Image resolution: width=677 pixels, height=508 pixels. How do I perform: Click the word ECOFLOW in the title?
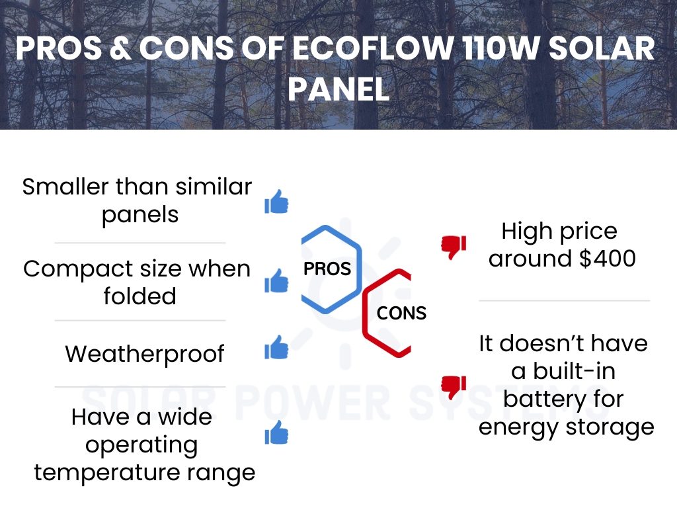coord(373,48)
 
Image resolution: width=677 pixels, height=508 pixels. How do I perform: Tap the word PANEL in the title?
coord(338,89)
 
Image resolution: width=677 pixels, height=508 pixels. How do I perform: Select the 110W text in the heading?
coord(500,48)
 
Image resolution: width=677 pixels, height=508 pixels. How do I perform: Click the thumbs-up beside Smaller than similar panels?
coord(276,202)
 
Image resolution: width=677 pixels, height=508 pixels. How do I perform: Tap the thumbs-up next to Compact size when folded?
coord(276,280)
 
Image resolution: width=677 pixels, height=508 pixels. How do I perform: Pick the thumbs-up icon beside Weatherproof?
coord(276,347)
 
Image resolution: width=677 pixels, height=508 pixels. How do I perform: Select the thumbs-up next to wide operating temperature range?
coord(276,433)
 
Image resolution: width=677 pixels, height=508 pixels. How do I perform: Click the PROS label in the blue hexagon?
coord(327,269)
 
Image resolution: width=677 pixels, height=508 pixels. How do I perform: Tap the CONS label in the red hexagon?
coord(401,313)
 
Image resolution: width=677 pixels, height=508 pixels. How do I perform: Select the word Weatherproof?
coord(145,355)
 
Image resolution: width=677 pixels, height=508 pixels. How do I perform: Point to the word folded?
coord(140,296)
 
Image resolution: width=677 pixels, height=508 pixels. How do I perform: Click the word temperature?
coord(106,472)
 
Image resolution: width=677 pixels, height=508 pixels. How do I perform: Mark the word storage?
coord(610,428)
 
